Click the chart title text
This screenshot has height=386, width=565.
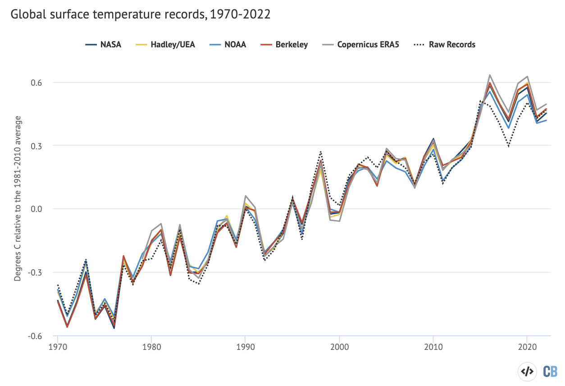pyautogui.click(x=140, y=14)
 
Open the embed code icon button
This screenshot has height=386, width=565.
pyautogui.click(x=527, y=371)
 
